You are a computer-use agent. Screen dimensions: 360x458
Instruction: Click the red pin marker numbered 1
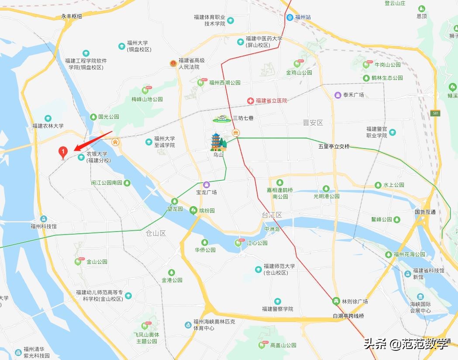point(63,152)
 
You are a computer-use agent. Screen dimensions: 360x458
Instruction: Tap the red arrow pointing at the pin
point(93,140)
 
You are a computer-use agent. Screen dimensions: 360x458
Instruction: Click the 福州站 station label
point(303,17)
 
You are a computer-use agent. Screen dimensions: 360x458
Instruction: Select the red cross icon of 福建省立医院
point(251,100)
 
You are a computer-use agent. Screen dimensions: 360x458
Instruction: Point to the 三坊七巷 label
point(243,118)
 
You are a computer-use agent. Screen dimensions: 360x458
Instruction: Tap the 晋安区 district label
point(313,123)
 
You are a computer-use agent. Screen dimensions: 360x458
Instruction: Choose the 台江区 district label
point(272,215)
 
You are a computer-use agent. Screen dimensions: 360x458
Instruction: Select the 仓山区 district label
point(156,233)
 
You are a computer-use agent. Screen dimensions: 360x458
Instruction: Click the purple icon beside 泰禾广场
point(337,95)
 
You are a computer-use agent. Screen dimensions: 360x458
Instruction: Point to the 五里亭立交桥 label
point(334,146)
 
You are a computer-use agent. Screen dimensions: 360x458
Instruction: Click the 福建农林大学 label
point(48,126)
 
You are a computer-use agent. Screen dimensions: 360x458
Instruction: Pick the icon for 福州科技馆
point(43,218)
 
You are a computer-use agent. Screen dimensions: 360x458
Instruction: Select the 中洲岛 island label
point(272,229)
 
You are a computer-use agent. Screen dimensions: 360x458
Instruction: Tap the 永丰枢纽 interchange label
point(72,16)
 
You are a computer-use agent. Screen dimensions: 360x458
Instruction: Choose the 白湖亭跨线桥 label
point(348,316)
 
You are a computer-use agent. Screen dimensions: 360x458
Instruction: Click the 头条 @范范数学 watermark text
point(406,345)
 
